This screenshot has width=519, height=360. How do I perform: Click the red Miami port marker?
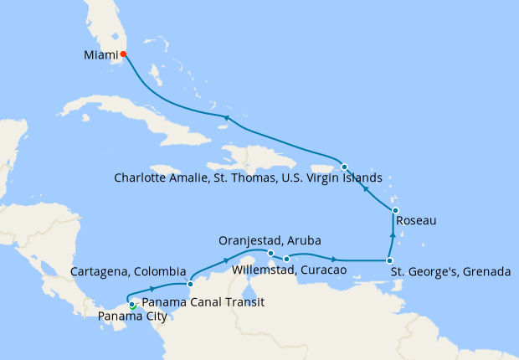(x=123, y=54)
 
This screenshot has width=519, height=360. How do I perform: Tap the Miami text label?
(x=100, y=56)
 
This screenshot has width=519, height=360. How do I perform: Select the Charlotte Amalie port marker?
(x=344, y=166)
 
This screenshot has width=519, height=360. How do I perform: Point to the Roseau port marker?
(x=395, y=210)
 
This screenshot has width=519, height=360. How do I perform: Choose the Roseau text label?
(x=415, y=221)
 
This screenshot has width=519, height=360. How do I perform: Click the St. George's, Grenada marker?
(x=389, y=260)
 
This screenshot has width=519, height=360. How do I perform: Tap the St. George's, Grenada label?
(x=449, y=272)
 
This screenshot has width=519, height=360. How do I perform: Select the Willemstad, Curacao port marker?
(x=286, y=258)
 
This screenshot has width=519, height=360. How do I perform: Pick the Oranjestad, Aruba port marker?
(x=270, y=252)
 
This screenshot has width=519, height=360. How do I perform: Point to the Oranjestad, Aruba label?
(x=270, y=239)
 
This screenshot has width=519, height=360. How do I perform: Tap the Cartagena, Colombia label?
(x=128, y=272)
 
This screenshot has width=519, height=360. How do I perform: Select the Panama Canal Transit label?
(x=203, y=302)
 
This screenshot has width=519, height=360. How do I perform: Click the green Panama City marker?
(x=132, y=306)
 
